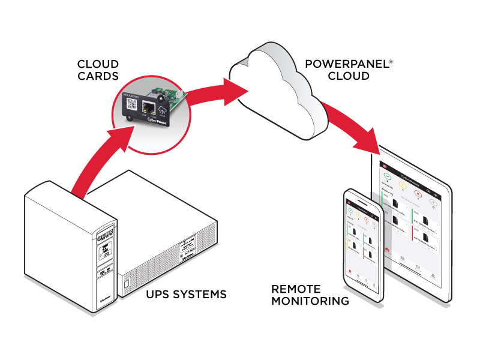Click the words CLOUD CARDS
[x=98, y=70]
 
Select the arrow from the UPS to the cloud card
[x=96, y=162]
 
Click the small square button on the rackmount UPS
[x=127, y=281]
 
